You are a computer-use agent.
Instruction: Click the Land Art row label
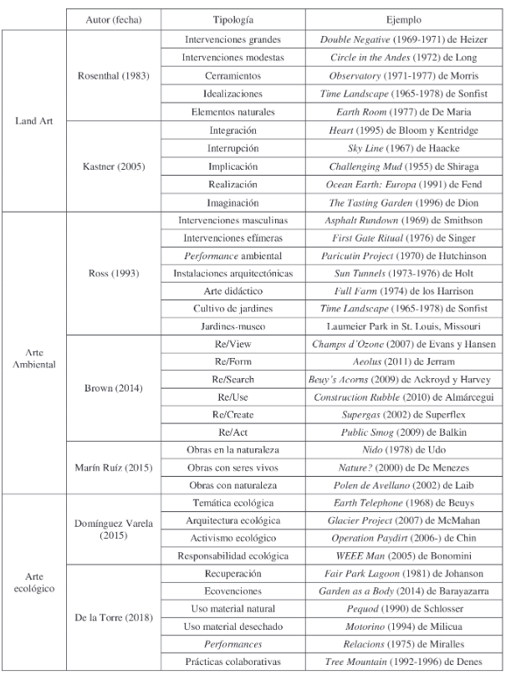coord(33,120)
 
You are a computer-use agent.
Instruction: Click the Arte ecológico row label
coord(33,582)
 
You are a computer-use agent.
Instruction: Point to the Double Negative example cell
coord(405,39)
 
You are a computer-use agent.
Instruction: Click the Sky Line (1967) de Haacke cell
coord(405,148)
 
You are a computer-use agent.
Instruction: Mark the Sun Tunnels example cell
coord(405,274)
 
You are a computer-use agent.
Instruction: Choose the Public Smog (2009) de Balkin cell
coord(405,432)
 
